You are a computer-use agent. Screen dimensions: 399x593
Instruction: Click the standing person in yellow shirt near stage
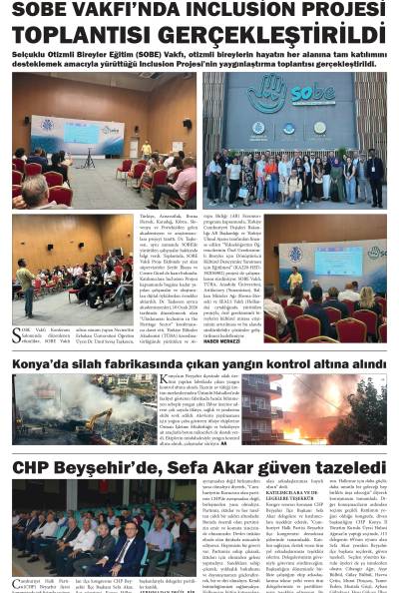[x=147, y=150]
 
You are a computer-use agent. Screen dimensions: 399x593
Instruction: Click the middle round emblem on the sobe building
[x=289, y=127]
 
